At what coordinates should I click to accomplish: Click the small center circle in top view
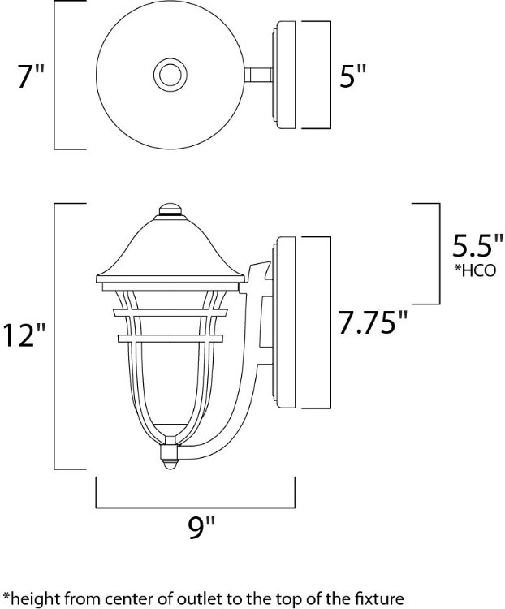(x=171, y=76)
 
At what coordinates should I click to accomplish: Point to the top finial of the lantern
(x=170, y=209)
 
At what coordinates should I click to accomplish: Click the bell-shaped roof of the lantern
(x=170, y=252)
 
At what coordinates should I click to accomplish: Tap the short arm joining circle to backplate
(x=260, y=76)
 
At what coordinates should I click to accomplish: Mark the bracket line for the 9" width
(x=196, y=504)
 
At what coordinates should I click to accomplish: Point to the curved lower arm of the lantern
(x=235, y=406)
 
